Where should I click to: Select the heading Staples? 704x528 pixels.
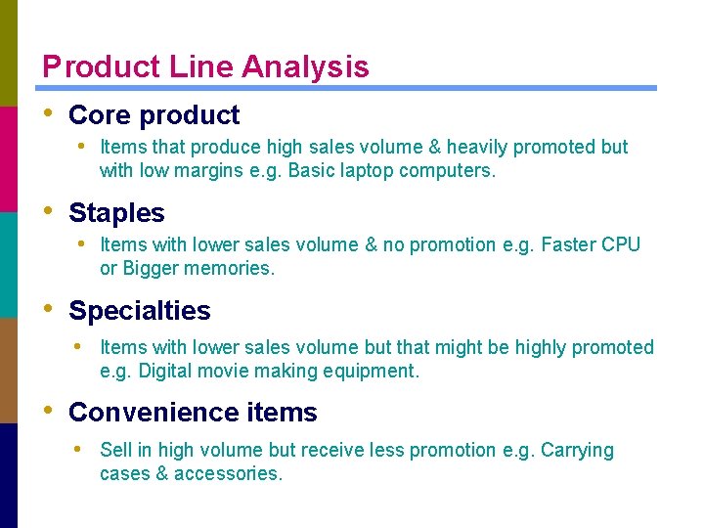click(x=116, y=213)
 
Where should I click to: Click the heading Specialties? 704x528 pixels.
click(x=139, y=311)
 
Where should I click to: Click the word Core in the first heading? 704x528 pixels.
click(x=99, y=115)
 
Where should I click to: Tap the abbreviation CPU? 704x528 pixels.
click(x=619, y=244)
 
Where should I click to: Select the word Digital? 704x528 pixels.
click(x=166, y=372)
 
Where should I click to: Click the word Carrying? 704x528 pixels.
click(x=577, y=451)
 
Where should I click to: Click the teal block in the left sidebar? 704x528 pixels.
click(x=9, y=264)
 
